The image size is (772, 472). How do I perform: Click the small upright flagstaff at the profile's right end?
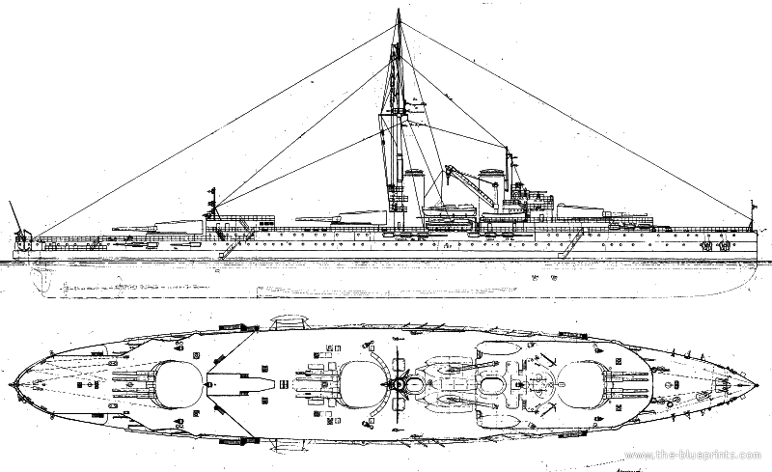coord(752,214)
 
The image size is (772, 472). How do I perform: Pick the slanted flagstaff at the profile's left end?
coord(13,214)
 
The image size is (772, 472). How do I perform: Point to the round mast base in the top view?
coord(397,384)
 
